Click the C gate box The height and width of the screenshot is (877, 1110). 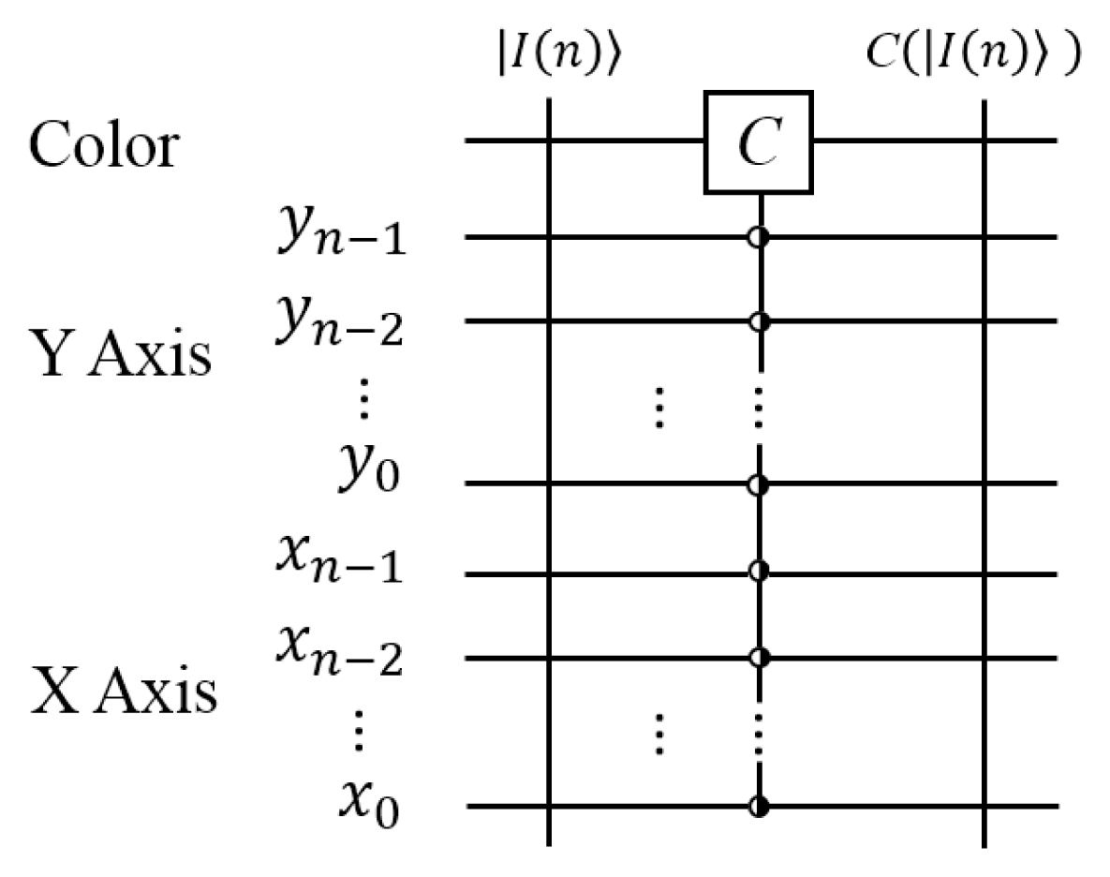click(x=758, y=142)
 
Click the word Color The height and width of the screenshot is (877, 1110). click(x=102, y=146)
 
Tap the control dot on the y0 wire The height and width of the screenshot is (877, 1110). click(x=759, y=485)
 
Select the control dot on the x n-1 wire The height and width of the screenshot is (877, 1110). click(x=759, y=570)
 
